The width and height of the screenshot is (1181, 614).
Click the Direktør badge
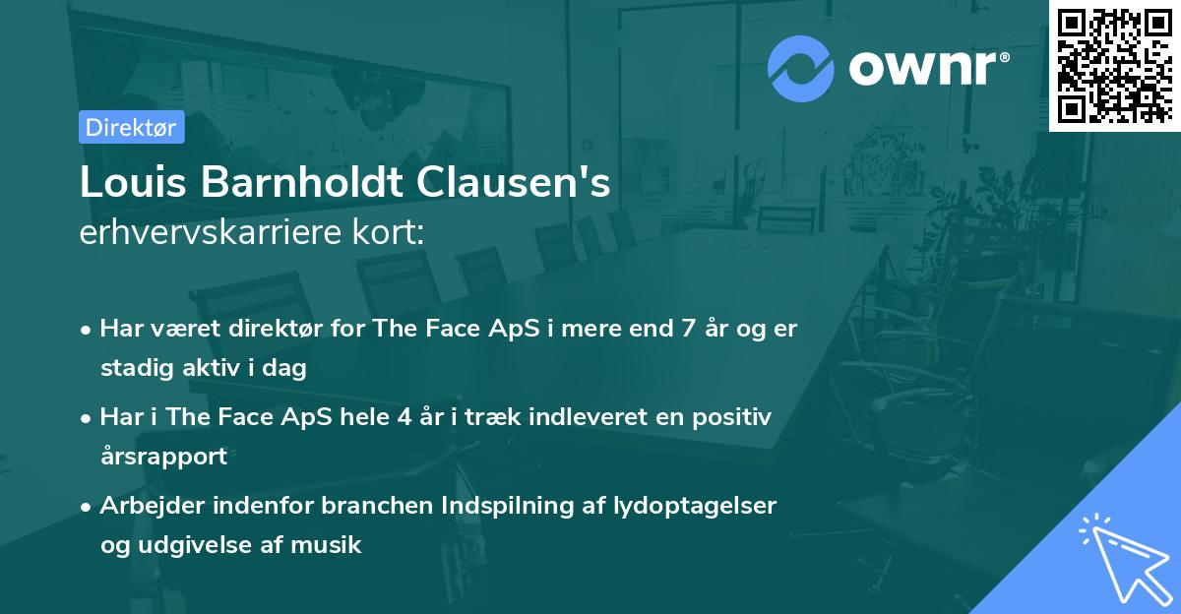click(x=131, y=127)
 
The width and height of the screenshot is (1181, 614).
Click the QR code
click(x=1115, y=65)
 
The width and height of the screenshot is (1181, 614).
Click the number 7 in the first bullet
click(x=675, y=329)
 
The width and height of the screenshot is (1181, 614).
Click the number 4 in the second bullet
click(x=404, y=417)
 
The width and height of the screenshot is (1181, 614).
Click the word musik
click(x=334, y=544)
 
